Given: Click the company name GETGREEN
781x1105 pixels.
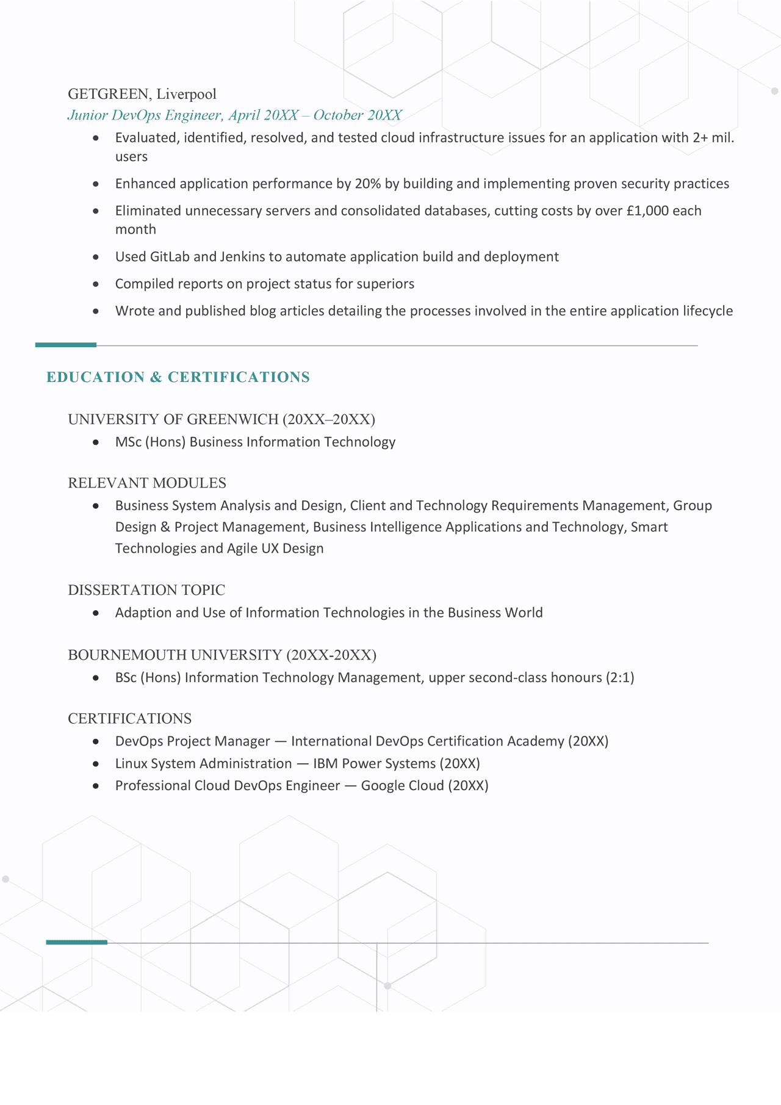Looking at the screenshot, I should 108,94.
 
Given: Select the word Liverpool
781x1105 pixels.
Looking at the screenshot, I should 186,94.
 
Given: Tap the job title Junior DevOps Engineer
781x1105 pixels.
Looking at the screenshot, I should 144,115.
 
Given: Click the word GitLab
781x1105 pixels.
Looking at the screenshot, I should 170,257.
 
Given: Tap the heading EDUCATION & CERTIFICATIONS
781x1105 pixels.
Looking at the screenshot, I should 178,377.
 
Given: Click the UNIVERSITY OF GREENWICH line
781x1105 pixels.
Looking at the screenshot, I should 221,419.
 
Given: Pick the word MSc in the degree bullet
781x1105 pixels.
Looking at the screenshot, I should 128,442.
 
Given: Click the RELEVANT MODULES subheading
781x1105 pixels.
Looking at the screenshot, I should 147,483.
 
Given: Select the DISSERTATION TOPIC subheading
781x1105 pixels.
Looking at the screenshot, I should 146,590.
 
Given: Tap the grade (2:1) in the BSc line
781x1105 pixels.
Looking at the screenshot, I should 620,677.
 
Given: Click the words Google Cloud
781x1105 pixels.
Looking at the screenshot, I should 402,785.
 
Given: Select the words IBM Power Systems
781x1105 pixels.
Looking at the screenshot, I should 374,763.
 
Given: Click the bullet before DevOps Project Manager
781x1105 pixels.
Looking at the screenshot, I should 96,741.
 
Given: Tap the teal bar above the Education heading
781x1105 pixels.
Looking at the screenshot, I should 66,345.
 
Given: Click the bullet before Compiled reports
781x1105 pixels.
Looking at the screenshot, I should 96,284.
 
